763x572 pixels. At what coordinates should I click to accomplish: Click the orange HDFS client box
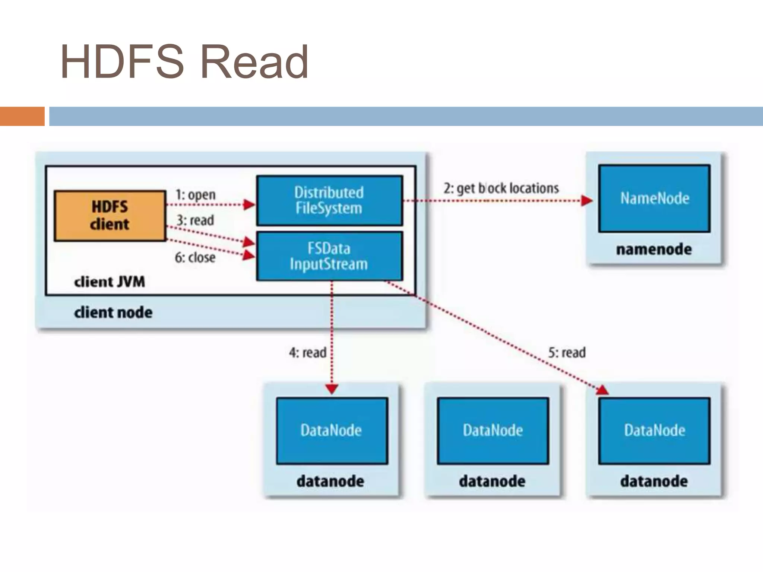click(x=110, y=216)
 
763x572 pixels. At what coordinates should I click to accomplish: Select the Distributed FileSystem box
click(x=329, y=200)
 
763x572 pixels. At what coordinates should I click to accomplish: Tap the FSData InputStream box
click(x=329, y=256)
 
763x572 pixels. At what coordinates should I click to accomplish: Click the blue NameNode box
click(x=654, y=198)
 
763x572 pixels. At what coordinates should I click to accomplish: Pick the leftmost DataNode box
click(x=332, y=430)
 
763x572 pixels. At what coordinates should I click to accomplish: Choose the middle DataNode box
click(x=493, y=430)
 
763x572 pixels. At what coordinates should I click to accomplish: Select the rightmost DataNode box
click(x=654, y=430)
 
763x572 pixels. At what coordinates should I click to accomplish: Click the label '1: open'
click(x=196, y=194)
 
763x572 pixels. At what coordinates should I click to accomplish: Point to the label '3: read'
click(x=195, y=220)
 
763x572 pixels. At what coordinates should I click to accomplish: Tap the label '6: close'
click(x=195, y=257)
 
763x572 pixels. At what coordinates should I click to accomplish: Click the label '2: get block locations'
click(x=501, y=188)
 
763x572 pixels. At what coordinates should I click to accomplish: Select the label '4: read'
click(x=308, y=352)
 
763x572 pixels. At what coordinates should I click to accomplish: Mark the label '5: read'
click(x=567, y=352)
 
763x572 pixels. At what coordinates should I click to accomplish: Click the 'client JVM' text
click(x=110, y=282)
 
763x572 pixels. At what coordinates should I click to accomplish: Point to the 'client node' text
click(x=113, y=312)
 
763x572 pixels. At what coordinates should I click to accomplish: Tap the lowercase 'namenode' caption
click(x=654, y=249)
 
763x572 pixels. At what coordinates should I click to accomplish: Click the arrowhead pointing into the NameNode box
click(x=587, y=201)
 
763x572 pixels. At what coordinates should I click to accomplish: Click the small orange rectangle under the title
click(x=22, y=116)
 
